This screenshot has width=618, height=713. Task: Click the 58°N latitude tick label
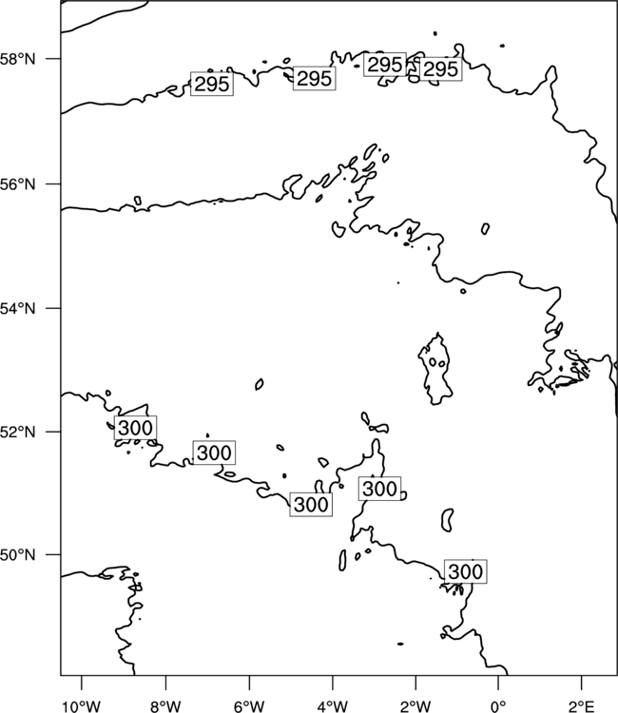point(18,59)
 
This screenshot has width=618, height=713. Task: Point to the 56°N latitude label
point(18,184)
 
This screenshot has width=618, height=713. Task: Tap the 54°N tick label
point(18,309)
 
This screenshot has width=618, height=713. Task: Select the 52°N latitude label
point(18,432)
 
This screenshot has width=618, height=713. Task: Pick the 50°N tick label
point(18,555)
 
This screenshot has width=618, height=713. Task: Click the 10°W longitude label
point(82,706)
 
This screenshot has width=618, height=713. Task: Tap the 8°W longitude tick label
point(165,706)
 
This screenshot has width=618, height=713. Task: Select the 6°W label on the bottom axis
point(249,706)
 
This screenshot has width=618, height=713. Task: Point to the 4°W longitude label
point(333,706)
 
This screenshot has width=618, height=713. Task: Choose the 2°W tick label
point(415,706)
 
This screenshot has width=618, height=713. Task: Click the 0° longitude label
point(498,706)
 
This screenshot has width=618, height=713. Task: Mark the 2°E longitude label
point(582,706)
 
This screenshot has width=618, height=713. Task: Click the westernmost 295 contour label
point(212,84)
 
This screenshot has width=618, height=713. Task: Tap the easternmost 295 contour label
point(440,69)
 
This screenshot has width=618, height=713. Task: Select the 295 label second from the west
point(315,78)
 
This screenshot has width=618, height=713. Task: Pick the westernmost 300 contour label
point(136,428)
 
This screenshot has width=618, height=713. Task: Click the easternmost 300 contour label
point(465,571)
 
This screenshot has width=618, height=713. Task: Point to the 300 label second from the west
point(214,453)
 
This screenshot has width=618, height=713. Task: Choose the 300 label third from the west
point(311,505)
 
